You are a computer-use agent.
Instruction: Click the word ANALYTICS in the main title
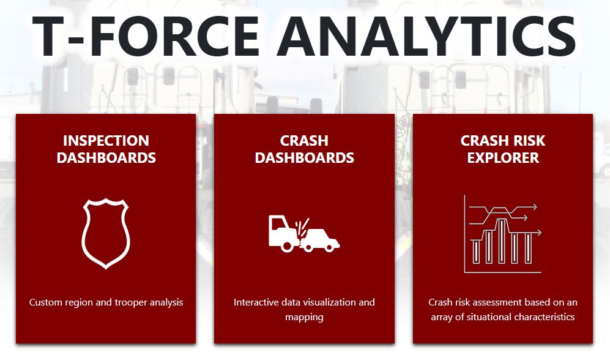[426, 37]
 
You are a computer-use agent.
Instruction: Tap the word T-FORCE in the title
[146, 37]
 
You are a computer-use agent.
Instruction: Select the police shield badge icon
[106, 233]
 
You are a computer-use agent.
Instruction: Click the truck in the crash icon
[283, 233]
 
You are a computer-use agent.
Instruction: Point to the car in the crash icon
[321, 239]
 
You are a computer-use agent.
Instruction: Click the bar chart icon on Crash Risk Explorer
[503, 234]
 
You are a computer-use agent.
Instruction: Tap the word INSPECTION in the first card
[106, 140]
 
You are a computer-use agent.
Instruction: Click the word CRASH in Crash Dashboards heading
[304, 140]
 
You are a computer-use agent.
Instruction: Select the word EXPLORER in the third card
[503, 157]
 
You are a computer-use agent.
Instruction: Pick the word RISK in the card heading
[528, 140]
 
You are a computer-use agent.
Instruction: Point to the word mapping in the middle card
[304, 317]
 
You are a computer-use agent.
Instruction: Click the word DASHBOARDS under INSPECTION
[106, 157]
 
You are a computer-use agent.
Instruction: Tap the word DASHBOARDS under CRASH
[304, 157]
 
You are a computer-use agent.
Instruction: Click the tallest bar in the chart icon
[502, 241]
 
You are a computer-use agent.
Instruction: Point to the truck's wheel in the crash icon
[287, 246]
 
